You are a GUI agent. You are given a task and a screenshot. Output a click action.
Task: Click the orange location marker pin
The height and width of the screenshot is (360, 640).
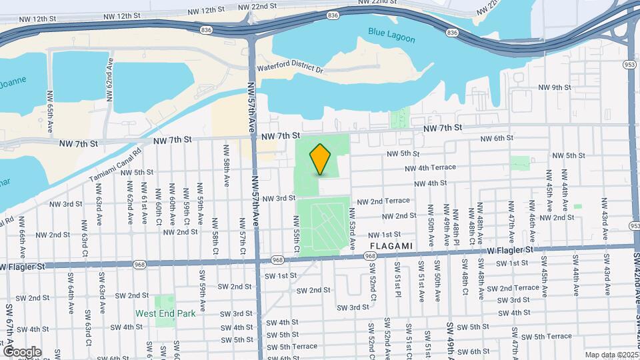(x=321, y=159)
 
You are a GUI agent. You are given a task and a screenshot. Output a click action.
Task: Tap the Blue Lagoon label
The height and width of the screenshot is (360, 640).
(x=391, y=35)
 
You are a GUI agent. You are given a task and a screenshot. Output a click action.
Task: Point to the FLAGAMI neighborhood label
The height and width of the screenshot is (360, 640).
(x=390, y=246)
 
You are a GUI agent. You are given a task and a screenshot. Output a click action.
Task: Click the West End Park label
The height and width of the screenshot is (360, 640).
(x=166, y=313)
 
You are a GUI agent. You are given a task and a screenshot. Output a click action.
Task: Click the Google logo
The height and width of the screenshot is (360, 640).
(x=22, y=351)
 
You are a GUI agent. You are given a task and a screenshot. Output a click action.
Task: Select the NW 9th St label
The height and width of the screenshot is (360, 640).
(x=555, y=87)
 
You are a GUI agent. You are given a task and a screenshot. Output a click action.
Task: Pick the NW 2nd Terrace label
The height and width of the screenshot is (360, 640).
(x=383, y=201)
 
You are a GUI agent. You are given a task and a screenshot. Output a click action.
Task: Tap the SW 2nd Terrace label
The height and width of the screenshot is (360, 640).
(x=513, y=287)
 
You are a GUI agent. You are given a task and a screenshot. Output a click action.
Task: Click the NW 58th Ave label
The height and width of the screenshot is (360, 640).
(x=227, y=172)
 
